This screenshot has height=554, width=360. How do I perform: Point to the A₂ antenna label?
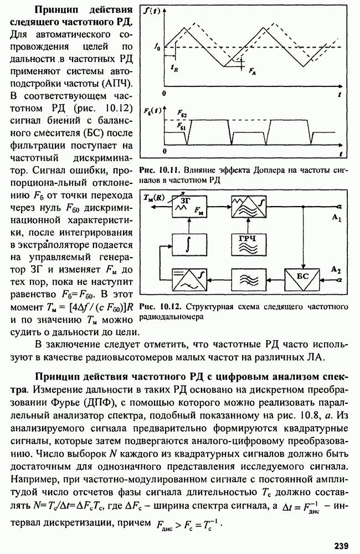[335, 269]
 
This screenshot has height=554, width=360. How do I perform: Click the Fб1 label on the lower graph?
[181, 126]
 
